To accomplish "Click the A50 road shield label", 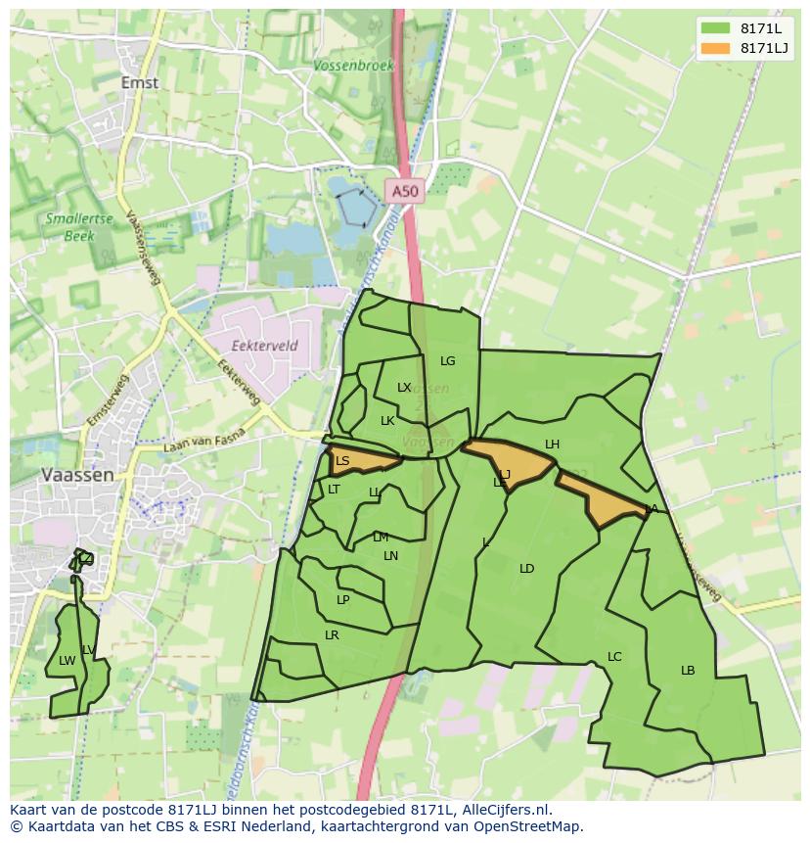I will [x=404, y=192].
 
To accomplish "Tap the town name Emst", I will [x=140, y=83].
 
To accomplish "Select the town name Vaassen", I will [x=77, y=474].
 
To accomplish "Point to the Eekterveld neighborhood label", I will [x=264, y=346].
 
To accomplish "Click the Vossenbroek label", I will [x=354, y=66].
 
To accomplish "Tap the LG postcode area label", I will [x=447, y=361].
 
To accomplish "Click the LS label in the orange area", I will [x=342, y=461].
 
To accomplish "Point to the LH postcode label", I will [x=552, y=445].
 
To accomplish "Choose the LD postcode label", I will [x=526, y=569].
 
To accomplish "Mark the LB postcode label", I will [x=688, y=671].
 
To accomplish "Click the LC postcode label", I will [x=614, y=657].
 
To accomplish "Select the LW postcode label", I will [x=67, y=661].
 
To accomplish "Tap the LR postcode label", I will [x=332, y=635].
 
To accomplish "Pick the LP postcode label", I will [x=342, y=600].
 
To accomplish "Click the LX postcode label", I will [x=404, y=388].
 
